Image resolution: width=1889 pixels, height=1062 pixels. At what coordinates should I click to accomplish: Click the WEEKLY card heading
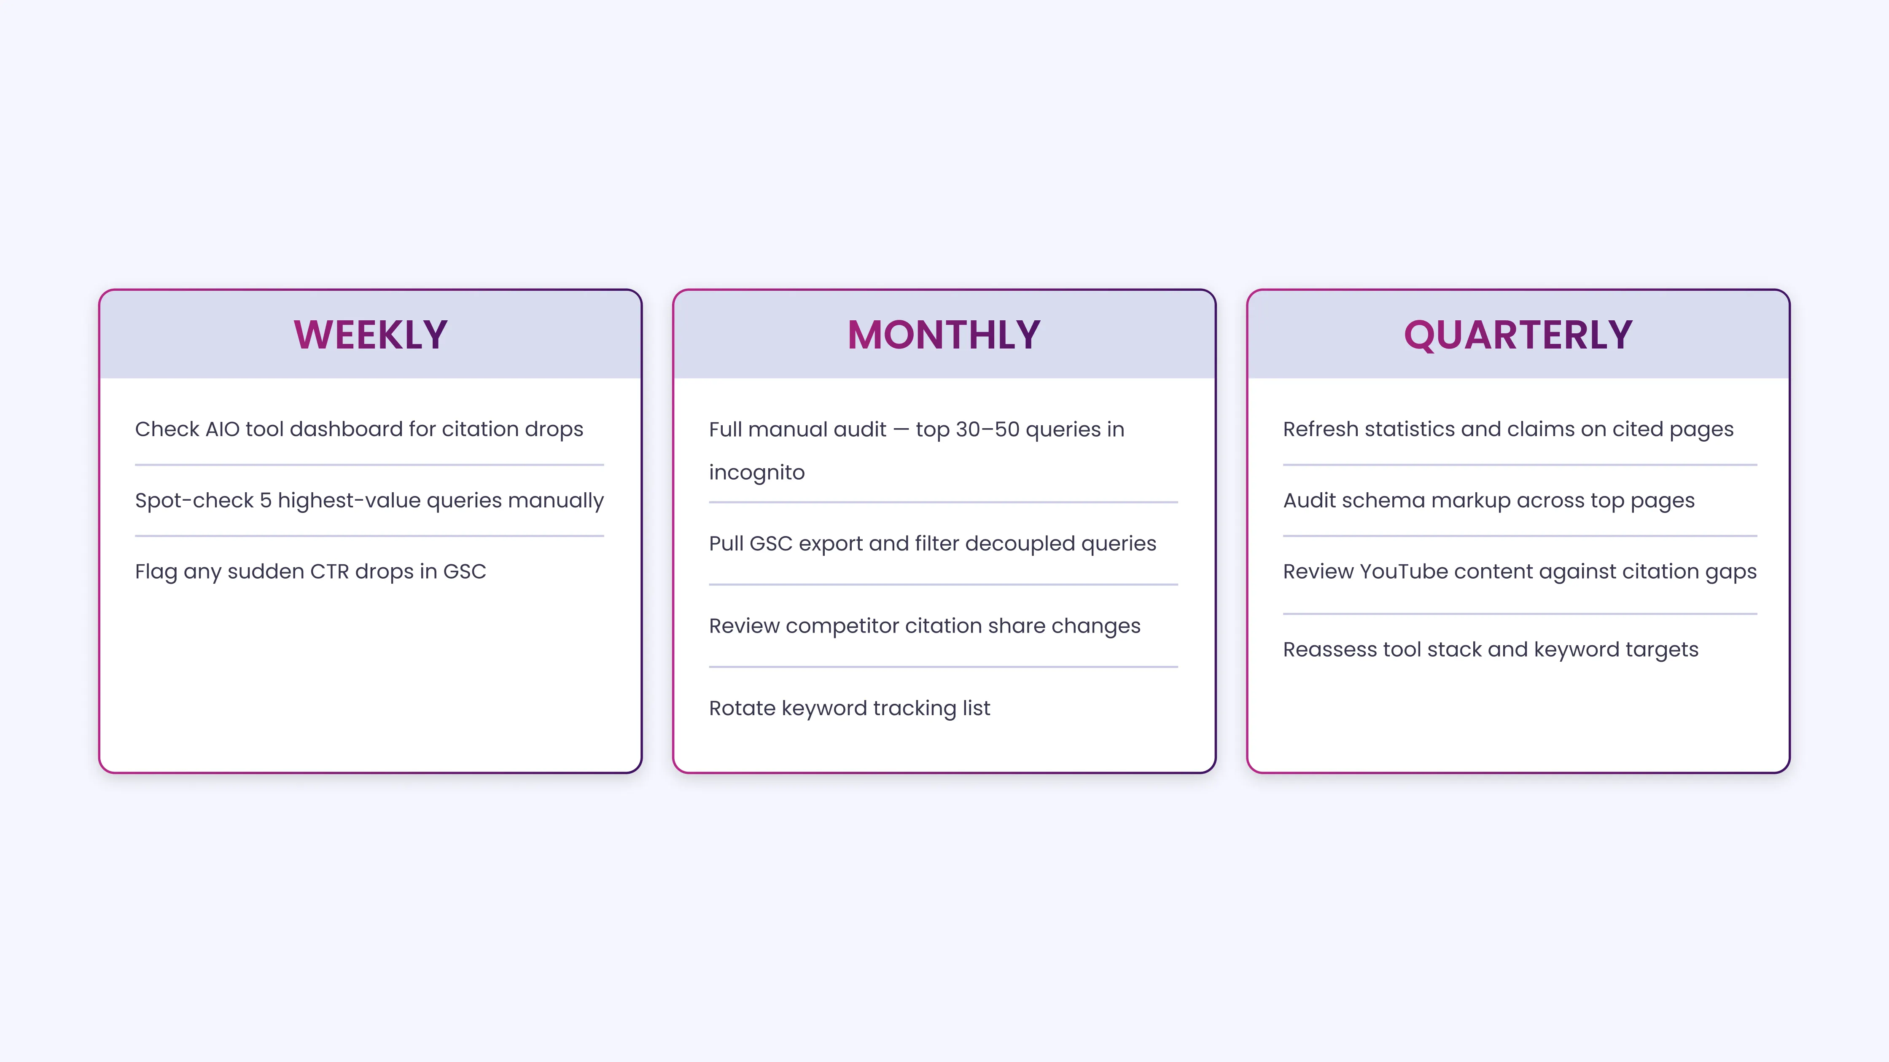(x=370, y=335)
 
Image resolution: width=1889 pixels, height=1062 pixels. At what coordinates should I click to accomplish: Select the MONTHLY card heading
(x=944, y=335)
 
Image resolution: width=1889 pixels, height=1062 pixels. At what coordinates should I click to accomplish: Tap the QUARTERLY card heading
(x=1518, y=335)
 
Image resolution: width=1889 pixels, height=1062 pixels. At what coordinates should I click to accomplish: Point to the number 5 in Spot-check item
(x=266, y=501)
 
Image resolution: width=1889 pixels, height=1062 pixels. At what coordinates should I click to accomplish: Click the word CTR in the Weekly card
(x=329, y=572)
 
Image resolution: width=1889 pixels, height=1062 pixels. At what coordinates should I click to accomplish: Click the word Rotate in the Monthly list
(x=742, y=708)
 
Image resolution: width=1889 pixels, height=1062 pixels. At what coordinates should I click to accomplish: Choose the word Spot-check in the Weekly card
(x=194, y=501)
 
